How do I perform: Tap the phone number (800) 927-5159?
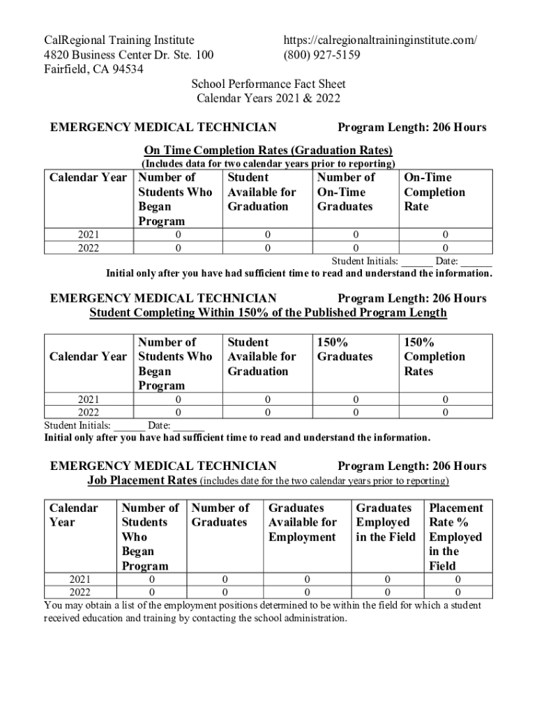pos(322,54)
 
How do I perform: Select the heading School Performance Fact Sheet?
pos(268,84)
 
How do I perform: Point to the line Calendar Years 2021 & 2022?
pos(268,98)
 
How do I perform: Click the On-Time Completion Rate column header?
pos(428,192)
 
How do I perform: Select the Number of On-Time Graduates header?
pos(345,192)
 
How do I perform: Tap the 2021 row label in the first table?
pos(88,235)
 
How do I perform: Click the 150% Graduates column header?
pos(345,349)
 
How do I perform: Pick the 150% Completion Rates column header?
pos(434,356)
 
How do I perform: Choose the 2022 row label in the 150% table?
pos(88,413)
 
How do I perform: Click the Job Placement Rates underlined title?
pos(142,481)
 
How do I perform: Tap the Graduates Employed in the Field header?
pos(385,522)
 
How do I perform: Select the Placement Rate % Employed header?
pos(455,537)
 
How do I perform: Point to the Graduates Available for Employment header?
pos(302,522)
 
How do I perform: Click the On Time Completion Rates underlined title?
pos(268,150)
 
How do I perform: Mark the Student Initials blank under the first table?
pos(416,261)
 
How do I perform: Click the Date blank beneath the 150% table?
pos(188,425)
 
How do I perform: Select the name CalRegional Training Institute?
pos(119,40)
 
